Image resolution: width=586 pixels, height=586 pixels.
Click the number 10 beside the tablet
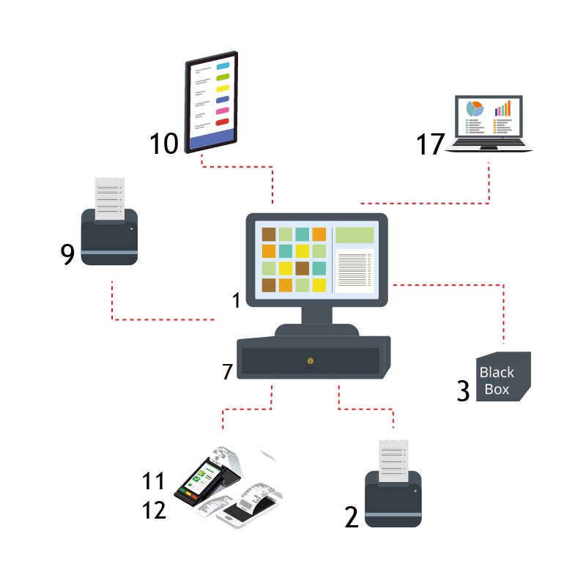164,143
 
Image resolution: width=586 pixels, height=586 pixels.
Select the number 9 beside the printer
67,253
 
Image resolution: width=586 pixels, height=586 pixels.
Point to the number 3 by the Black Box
463,390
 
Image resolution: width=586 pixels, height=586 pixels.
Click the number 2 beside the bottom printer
352,517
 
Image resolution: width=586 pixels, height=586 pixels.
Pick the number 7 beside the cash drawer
227,371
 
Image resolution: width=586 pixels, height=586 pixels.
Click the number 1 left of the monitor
236,300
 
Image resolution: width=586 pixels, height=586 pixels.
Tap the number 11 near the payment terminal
154,481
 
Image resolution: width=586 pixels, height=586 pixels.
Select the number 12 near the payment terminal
154,509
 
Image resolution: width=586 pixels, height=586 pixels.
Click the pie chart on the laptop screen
475,108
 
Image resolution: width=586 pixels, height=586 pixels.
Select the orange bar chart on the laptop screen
502,109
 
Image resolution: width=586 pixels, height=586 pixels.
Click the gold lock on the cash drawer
311,360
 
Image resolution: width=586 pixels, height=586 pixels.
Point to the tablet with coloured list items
212,102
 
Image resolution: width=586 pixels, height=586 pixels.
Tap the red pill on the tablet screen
223,122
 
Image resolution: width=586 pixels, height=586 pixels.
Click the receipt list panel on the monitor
355,268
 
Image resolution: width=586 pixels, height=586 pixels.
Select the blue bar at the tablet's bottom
212,138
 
